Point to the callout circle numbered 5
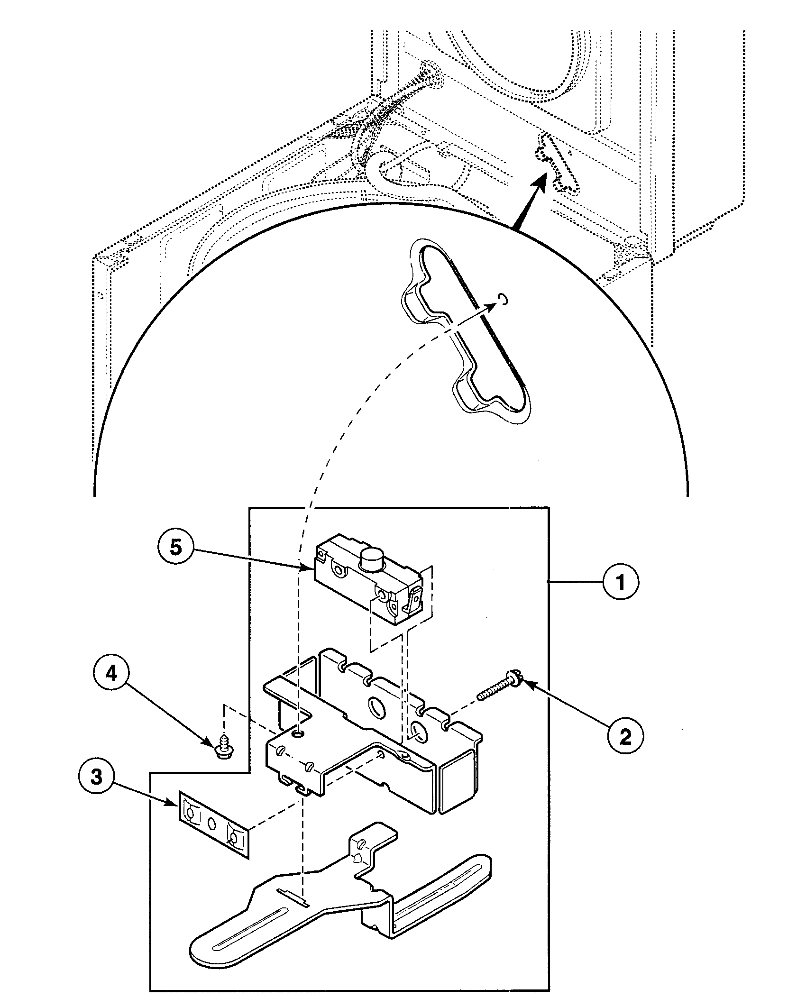tap(176, 547)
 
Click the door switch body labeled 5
tap(365, 581)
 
